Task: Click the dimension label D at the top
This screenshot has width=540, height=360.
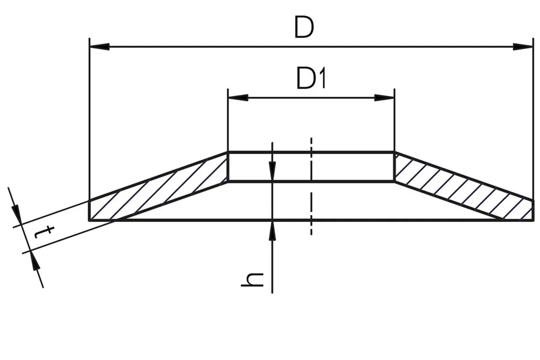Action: [304, 27]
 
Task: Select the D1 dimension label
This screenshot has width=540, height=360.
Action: [311, 78]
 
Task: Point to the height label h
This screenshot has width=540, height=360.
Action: [252, 280]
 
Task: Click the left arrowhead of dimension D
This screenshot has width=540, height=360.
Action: [99, 47]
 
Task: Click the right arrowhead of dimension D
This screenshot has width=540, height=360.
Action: [522, 47]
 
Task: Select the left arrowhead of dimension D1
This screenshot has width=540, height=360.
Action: [238, 98]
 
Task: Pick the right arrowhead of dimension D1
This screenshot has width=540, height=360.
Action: [384, 98]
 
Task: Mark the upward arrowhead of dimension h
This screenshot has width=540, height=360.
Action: [272, 230]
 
